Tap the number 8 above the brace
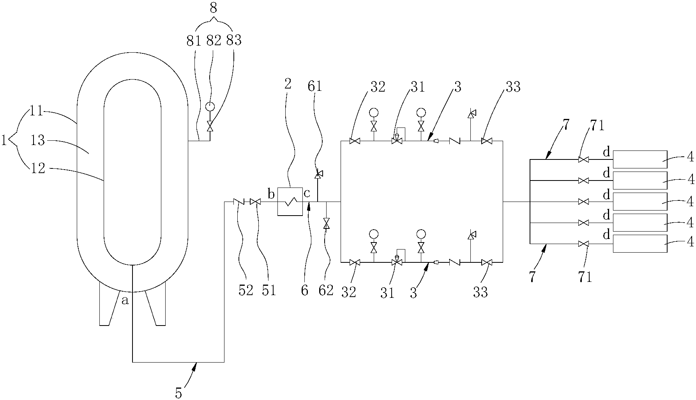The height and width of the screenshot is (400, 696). pos(213,8)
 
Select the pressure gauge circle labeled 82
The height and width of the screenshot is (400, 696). pos(210,106)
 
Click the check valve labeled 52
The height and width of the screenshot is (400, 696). pos(238,202)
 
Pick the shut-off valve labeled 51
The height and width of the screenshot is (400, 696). pos(256,202)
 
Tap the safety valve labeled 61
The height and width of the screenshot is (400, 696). pos(318,174)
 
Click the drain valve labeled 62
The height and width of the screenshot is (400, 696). pos(326,224)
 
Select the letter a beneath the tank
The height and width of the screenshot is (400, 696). pos(125,300)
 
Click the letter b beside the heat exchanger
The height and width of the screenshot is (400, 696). pos(271,193)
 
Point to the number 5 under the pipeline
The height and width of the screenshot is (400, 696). pos(178,393)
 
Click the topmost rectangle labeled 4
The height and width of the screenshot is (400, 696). pos(640,159)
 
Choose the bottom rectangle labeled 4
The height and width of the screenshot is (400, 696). pos(640,243)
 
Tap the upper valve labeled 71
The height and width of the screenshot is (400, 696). pos(583,159)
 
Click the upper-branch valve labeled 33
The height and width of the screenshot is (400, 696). pos(486,141)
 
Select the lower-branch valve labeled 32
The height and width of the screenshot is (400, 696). pos(355,263)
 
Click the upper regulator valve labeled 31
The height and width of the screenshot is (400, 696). pos(397,141)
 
